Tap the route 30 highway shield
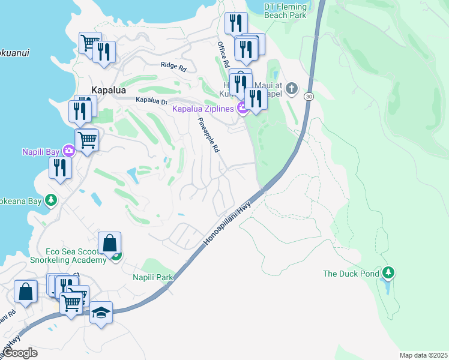(309, 96)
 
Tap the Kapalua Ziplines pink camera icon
(243, 109)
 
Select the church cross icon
(291, 89)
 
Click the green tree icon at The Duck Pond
(388, 273)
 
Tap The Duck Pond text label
(351, 274)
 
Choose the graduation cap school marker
(101, 313)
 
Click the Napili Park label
(152, 277)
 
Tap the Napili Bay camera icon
(70, 151)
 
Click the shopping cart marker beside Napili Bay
(87, 140)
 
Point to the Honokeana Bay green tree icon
(52, 200)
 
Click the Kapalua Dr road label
(151, 101)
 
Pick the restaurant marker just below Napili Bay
(59, 167)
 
